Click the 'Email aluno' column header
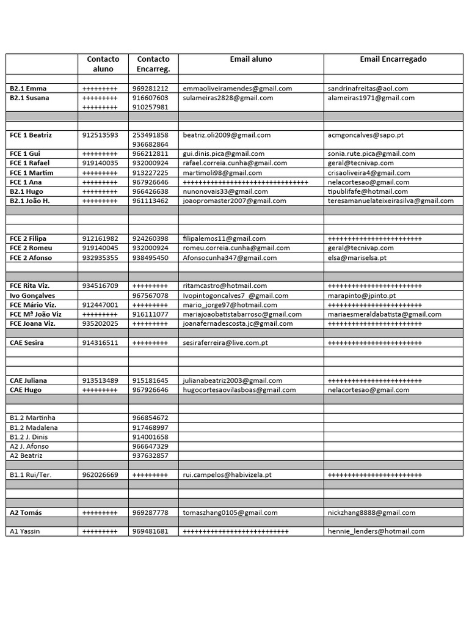click(x=250, y=59)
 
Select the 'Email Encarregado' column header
click(x=393, y=59)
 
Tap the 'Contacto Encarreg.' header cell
click(x=153, y=64)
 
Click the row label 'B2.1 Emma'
click(x=28, y=89)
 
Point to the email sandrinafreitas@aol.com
click(x=368, y=89)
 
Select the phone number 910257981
click(x=150, y=107)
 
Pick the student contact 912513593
click(x=100, y=135)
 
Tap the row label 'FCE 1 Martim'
click(x=32, y=173)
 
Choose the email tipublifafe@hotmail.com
click(x=368, y=192)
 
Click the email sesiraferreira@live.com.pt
click(x=225, y=343)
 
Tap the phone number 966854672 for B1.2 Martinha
click(x=150, y=418)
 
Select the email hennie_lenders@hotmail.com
click(x=376, y=532)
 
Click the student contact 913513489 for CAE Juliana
click(x=100, y=381)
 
